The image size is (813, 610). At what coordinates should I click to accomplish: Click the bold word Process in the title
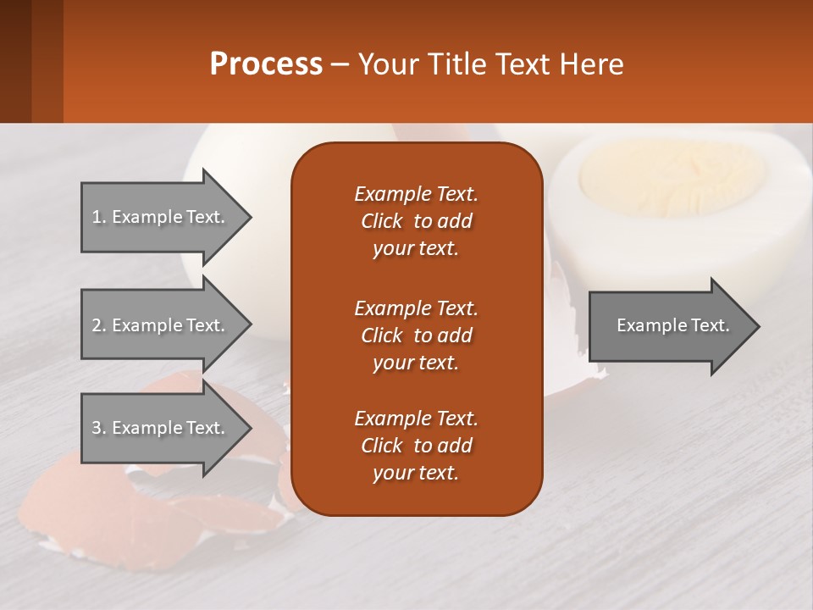point(266,64)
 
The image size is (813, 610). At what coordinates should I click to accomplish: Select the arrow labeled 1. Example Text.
point(159,217)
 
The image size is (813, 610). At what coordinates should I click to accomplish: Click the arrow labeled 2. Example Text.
point(159,325)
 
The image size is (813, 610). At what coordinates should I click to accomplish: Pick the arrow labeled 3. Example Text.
point(159,428)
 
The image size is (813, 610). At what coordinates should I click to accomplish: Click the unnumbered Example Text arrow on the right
point(672,325)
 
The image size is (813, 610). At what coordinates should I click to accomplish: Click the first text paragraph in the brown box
point(416,221)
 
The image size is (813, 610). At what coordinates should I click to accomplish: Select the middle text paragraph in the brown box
point(416,335)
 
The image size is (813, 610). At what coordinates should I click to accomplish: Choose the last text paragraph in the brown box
point(416,446)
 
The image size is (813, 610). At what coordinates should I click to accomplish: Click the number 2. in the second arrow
point(99,325)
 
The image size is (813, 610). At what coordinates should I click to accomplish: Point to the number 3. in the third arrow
point(99,428)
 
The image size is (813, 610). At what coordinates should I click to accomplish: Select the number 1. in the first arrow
point(99,217)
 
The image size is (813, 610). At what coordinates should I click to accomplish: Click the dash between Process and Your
point(340,65)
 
